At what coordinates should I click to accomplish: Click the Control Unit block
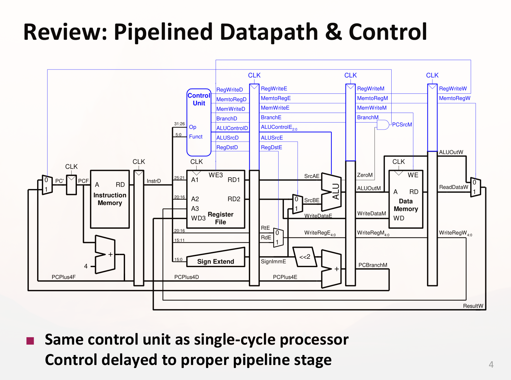199,122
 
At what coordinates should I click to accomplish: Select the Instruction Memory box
110,199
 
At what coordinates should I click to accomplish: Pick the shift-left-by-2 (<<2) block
305,257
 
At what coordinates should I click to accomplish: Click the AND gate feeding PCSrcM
383,125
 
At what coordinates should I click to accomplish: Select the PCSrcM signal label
402,125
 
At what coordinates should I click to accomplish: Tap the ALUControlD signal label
232,128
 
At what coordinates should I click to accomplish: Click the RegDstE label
271,147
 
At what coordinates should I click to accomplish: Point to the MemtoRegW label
454,98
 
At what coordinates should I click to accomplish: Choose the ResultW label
473,306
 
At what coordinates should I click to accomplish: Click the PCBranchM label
373,265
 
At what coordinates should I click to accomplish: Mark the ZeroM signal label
365,175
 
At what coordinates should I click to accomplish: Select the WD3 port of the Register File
198,218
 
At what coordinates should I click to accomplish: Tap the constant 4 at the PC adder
86,266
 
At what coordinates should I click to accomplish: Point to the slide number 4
491,364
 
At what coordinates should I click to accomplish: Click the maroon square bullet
30,341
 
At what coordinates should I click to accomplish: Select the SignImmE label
273,261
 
